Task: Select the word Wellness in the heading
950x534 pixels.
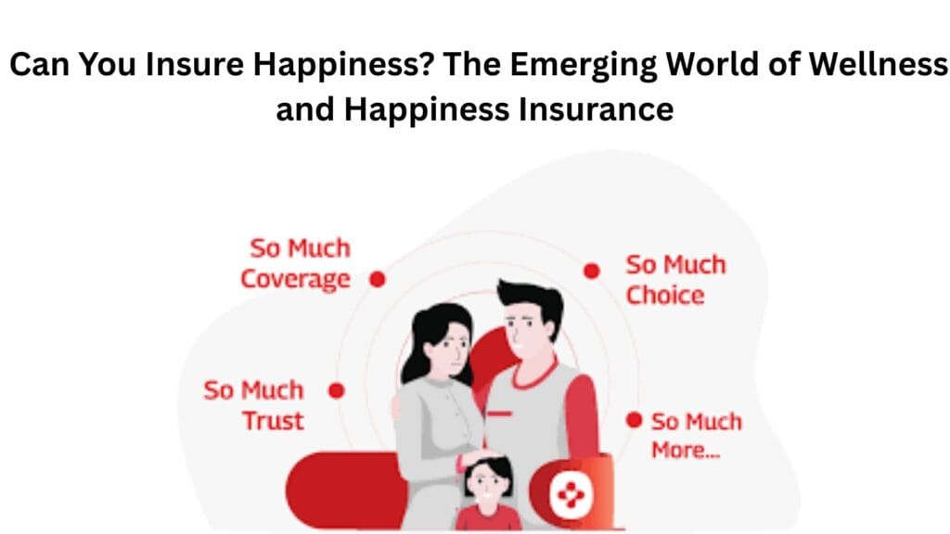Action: [x=878, y=64]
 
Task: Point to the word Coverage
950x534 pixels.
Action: [x=296, y=280]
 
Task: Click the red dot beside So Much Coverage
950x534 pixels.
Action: [x=378, y=279]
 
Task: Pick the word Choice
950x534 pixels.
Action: [x=664, y=296]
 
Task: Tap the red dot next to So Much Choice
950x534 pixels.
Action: [x=592, y=271]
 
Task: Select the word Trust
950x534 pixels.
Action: [x=274, y=421]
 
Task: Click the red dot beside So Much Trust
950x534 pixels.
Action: [x=336, y=390]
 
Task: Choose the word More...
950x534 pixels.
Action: [x=686, y=451]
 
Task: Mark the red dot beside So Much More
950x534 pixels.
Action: [x=634, y=420]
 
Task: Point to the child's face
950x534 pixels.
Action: [x=488, y=484]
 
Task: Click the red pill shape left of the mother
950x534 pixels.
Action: [x=345, y=489]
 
